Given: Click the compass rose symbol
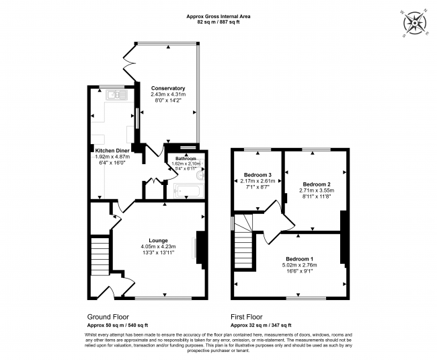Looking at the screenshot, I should pyautogui.click(x=416, y=24).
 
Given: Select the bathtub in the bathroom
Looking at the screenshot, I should pyautogui.click(x=188, y=191).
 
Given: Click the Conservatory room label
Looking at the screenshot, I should pyautogui.click(x=168, y=88).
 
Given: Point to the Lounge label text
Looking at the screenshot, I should pyautogui.click(x=159, y=240).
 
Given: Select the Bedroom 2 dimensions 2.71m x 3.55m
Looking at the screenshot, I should pyautogui.click(x=316, y=190).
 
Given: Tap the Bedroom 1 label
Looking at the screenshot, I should pyautogui.click(x=299, y=259).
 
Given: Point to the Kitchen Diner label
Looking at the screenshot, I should pyautogui.click(x=112, y=150).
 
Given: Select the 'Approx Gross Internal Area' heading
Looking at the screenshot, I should pyautogui.click(x=218, y=15).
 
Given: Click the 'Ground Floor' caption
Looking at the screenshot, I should pyautogui.click(x=108, y=316).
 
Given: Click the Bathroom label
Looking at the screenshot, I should pyautogui.click(x=186, y=158).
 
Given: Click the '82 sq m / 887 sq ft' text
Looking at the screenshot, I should pyautogui.click(x=218, y=22).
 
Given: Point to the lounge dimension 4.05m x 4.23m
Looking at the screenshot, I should pyautogui.click(x=159, y=246).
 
